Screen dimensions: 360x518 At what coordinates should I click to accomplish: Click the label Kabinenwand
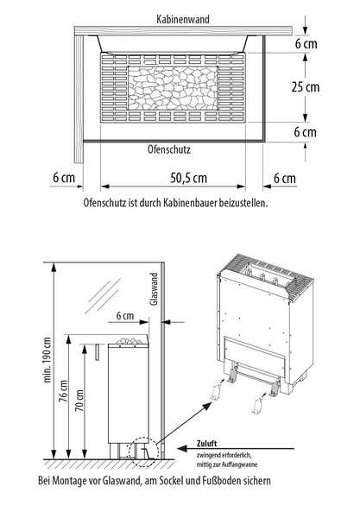point(183,19)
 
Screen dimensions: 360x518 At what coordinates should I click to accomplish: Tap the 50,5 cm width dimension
point(188,178)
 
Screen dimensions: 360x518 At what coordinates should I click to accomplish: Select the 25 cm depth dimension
point(306,87)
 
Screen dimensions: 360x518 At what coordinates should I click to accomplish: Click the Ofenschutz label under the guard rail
point(168,149)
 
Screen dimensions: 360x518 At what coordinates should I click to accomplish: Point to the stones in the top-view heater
point(173,88)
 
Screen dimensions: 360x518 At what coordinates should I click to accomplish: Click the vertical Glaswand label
point(154,288)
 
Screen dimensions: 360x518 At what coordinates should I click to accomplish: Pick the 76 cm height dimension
point(63,391)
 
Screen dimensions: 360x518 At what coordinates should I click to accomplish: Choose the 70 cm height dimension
point(79,401)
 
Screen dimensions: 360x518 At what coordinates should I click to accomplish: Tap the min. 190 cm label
point(47,360)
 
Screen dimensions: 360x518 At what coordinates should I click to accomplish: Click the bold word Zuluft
point(206,444)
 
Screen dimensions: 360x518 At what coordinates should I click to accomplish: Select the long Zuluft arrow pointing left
point(236,449)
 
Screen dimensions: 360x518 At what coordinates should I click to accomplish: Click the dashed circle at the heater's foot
point(143,452)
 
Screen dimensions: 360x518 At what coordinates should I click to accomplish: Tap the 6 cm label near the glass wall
point(125,315)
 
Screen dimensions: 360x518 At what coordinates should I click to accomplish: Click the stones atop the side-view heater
point(129,341)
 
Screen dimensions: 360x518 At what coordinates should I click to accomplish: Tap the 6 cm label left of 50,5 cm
point(64,177)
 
